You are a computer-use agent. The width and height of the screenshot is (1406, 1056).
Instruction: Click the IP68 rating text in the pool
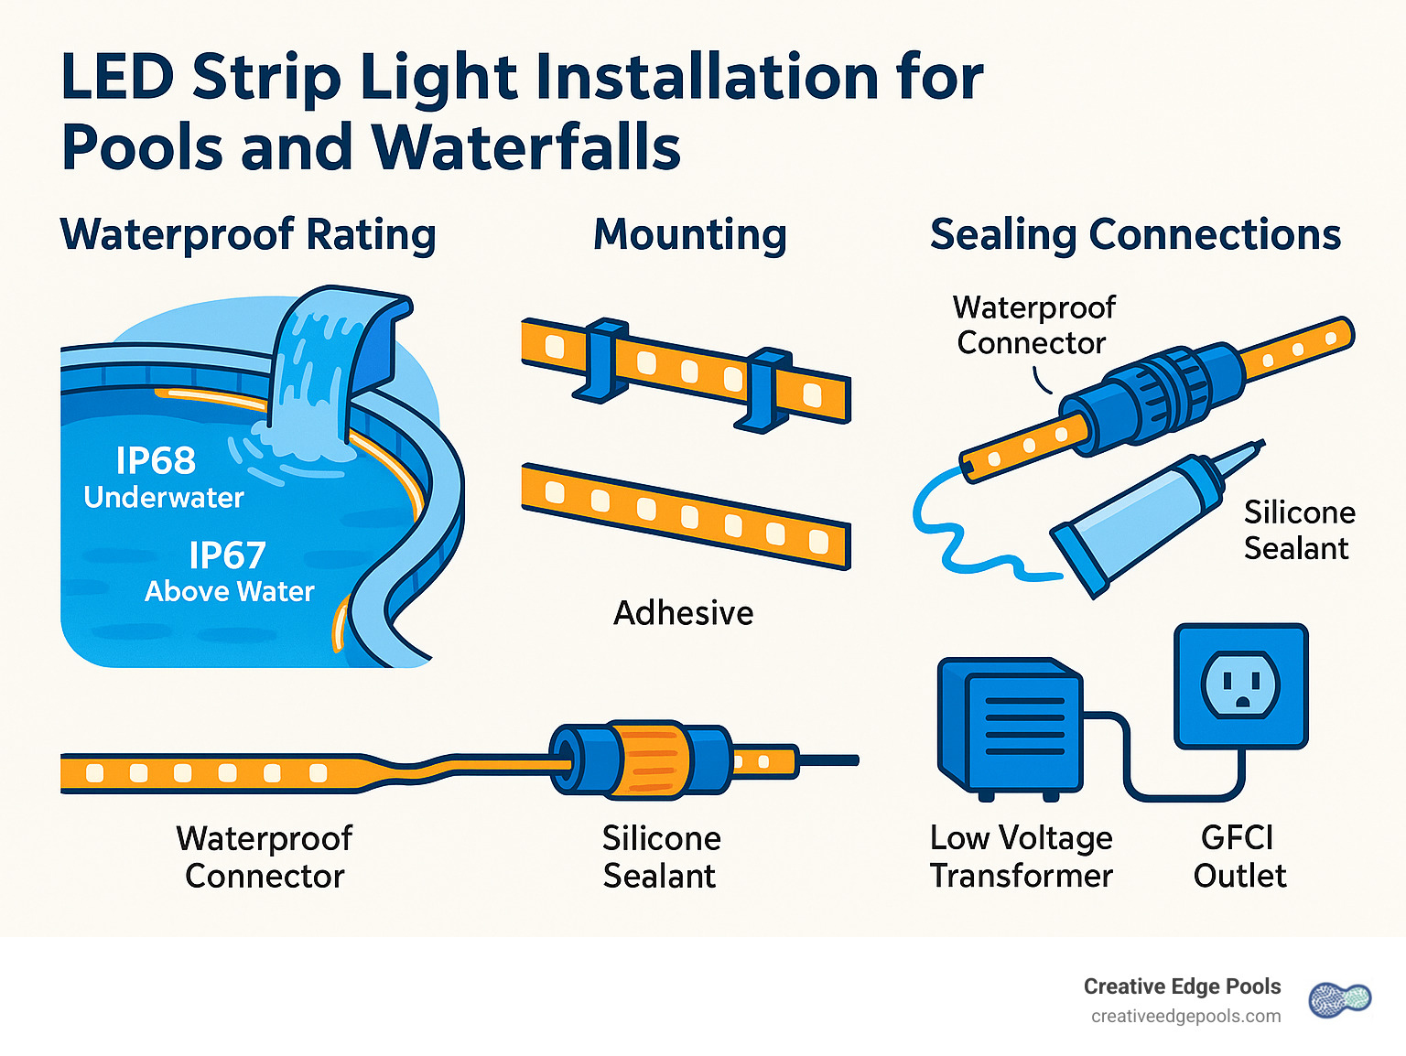156,460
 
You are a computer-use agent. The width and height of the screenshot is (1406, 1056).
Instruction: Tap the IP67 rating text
227,555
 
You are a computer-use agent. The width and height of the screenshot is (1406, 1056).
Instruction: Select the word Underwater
164,498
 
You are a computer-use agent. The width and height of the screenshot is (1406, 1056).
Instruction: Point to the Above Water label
229,592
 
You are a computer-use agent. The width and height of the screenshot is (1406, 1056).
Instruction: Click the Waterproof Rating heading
247,234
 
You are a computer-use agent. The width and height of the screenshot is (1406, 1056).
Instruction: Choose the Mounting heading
689,234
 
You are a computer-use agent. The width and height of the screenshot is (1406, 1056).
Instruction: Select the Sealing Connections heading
1135,234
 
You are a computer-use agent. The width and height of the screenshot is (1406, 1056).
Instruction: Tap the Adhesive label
683,613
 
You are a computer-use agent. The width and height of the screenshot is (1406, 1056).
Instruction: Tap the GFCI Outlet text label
1239,857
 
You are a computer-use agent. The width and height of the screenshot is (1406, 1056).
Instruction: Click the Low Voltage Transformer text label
1021,857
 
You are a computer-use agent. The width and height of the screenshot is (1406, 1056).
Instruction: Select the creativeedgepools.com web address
1185,1017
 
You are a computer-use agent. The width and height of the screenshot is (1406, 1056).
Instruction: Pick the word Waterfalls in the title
526,147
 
